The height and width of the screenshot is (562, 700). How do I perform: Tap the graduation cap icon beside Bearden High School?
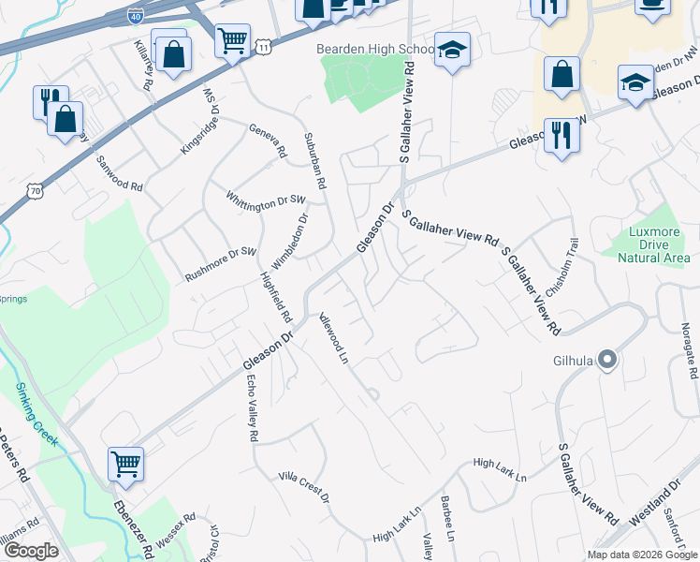point(452,52)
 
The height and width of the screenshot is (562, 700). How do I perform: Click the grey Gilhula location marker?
point(607,359)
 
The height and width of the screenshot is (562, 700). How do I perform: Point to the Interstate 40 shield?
point(135,15)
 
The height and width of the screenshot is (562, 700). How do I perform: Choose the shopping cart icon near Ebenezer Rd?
point(125,462)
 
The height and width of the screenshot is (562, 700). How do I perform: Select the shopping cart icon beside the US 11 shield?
point(231,39)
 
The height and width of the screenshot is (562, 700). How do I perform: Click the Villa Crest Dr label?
point(304,487)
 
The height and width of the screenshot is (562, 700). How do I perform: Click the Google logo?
point(31,551)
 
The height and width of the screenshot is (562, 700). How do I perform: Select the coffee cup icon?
point(652,5)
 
